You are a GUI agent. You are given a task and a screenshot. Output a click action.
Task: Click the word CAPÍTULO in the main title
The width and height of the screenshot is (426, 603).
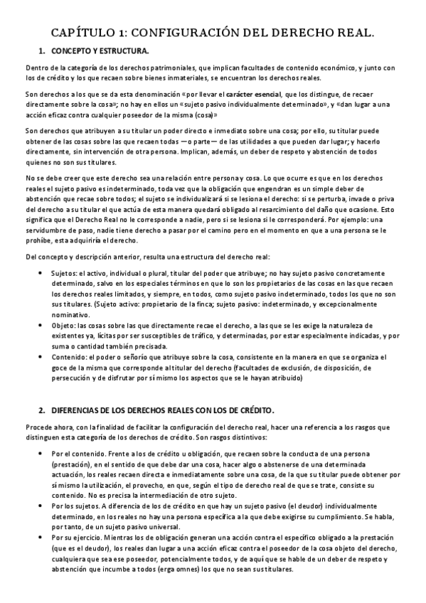82,33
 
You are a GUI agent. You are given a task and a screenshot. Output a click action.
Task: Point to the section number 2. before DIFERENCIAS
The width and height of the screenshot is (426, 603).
42,411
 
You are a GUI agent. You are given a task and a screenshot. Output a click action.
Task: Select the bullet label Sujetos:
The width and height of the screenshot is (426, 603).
68,272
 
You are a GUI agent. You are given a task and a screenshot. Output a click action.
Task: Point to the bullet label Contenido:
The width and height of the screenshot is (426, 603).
73,357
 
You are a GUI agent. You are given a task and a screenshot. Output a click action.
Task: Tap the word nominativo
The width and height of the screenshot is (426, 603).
71,312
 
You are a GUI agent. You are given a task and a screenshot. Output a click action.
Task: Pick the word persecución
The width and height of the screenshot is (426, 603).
75,378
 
